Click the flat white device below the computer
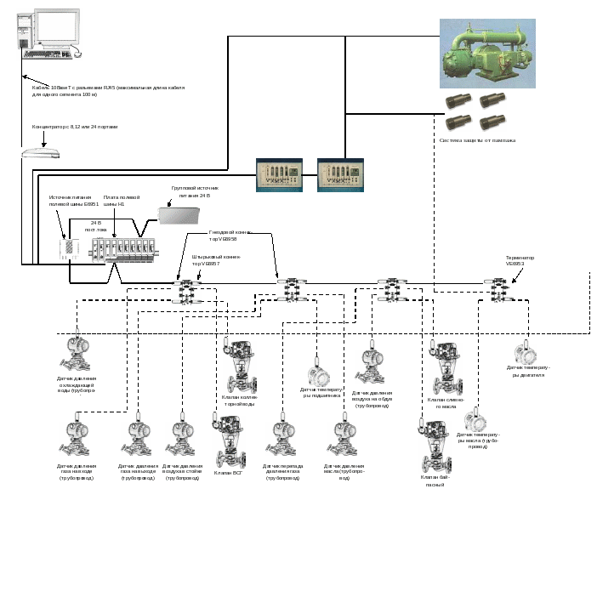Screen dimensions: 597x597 [x=41, y=153]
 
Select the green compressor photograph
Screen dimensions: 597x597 [x=487, y=53]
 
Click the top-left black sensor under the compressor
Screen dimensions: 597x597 [x=460, y=100]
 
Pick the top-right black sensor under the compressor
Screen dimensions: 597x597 [x=493, y=100]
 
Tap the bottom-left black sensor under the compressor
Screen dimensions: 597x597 [x=460, y=122]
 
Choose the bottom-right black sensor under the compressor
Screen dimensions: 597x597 [x=493, y=122]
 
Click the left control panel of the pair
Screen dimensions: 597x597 [x=280, y=175]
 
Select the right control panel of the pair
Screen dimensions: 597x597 [x=339, y=175]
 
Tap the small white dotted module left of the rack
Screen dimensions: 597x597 [x=68, y=249]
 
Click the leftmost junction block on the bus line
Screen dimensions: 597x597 [x=185, y=292]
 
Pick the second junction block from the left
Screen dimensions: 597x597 [x=292, y=289]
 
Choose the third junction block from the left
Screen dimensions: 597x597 [x=392, y=290]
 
